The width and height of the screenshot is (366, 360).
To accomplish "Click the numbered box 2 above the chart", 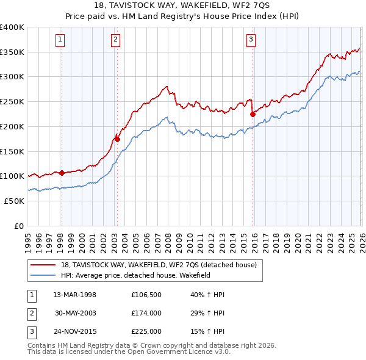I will pyautogui.click(x=115, y=40).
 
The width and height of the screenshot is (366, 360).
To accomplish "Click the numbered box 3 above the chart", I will pyautogui.click(x=251, y=40).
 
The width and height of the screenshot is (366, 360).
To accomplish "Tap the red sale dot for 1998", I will pyautogui.click(x=62, y=173).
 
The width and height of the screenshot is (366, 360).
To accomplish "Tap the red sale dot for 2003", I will pyautogui.click(x=117, y=139).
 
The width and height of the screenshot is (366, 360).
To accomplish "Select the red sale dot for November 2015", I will pyautogui.click(x=253, y=113).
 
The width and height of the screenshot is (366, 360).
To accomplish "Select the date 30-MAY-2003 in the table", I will pyautogui.click(x=76, y=313).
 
